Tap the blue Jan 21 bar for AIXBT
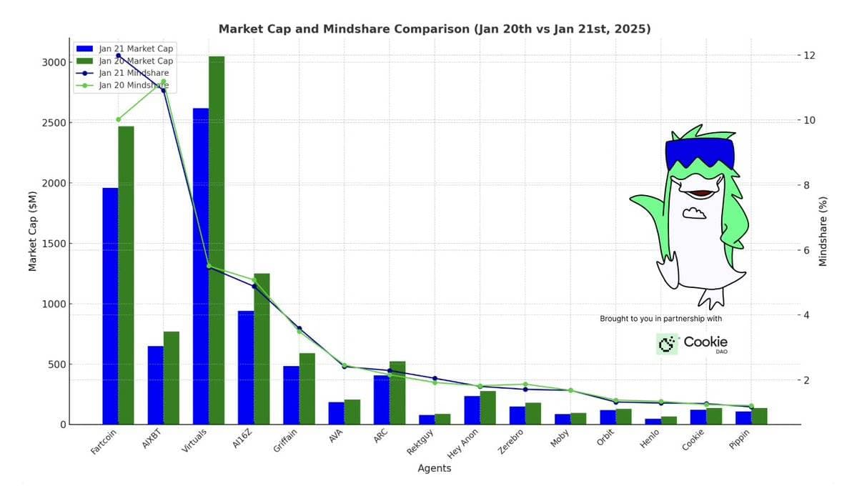pos(155,385)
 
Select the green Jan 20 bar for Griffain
pos(307,389)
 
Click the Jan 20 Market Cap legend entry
pos(136,61)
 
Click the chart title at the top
pos(434,29)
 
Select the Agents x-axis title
pos(434,468)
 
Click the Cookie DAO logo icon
pos(667,344)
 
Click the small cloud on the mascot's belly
pos(693,212)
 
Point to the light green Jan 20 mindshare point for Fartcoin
pos(119,119)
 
